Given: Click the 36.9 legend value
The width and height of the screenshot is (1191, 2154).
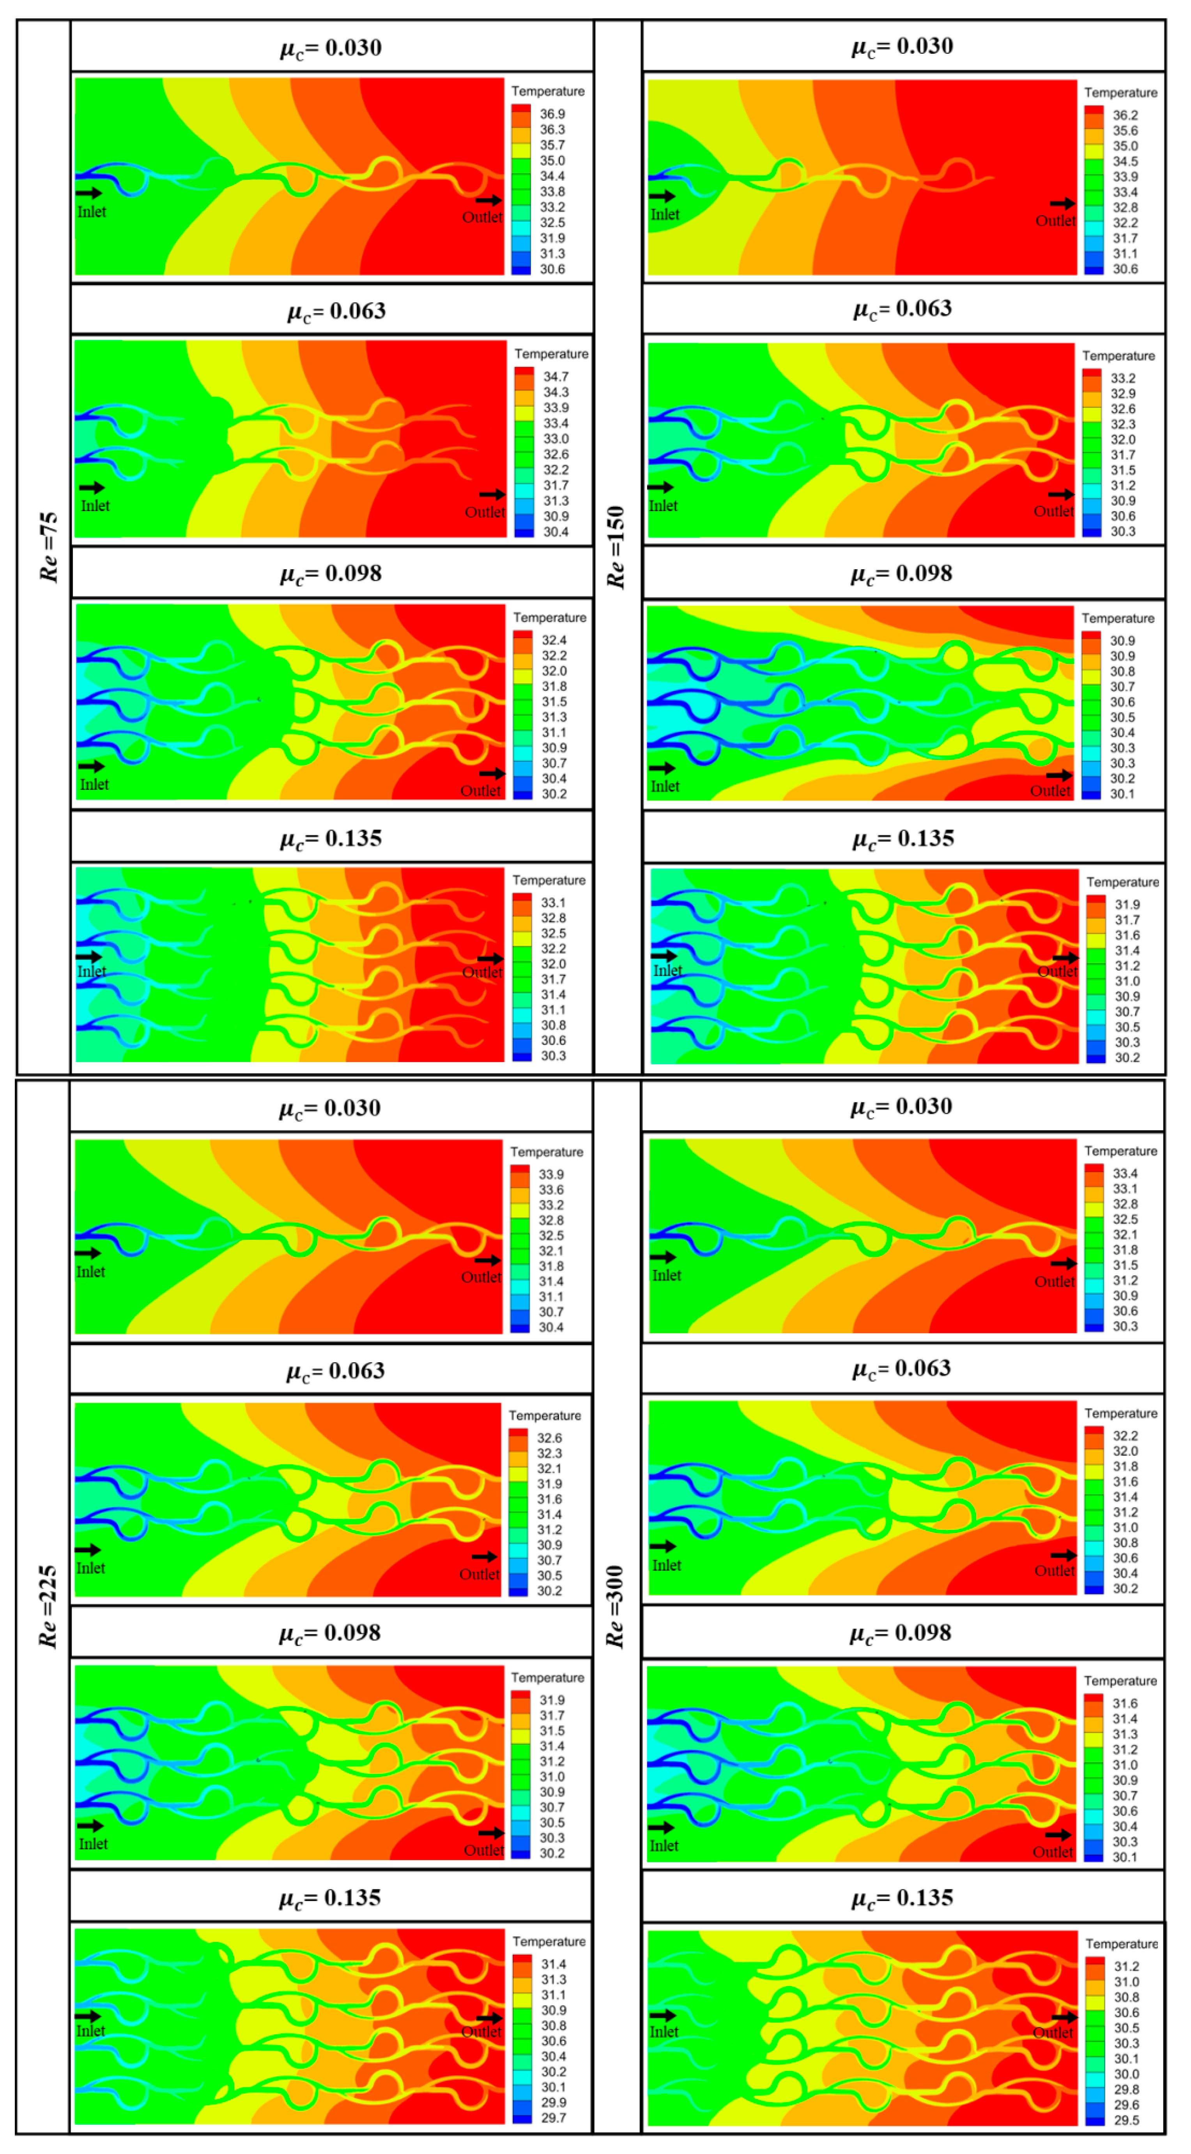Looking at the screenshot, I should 552,114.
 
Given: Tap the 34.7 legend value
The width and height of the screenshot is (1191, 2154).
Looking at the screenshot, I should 556,376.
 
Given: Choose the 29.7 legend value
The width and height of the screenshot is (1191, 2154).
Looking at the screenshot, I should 553,2117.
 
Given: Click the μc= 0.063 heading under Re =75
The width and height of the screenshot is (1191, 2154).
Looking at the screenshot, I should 336,311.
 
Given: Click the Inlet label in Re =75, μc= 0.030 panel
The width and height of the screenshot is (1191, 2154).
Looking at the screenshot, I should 92,212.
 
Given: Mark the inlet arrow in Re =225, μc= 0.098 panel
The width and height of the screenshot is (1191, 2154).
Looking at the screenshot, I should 90,1825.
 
